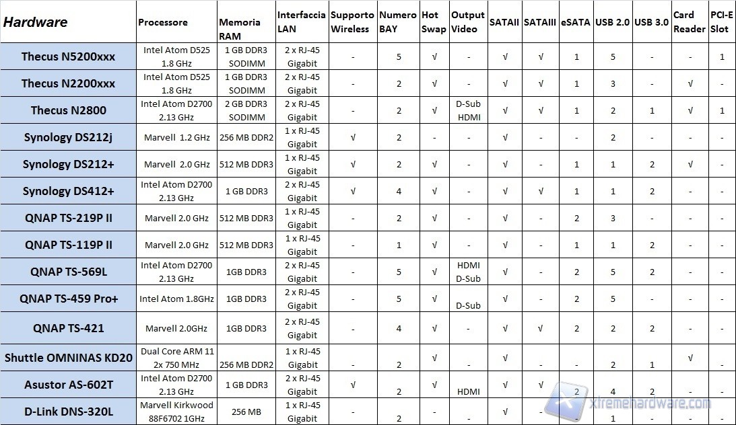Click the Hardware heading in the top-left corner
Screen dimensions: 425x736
tap(36, 22)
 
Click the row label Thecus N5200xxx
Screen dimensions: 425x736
tap(68, 56)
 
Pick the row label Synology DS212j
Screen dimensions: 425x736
tap(68, 137)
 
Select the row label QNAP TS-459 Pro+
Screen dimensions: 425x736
tap(68, 299)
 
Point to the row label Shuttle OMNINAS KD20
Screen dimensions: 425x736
tap(68, 357)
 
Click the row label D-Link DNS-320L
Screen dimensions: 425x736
tap(68, 412)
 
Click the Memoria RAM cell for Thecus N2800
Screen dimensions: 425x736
tap(246, 110)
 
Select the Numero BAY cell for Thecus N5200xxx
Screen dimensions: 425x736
tap(399, 56)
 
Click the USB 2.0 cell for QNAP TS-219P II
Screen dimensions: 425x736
tap(613, 218)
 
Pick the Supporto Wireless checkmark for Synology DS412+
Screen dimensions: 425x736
tap(354, 191)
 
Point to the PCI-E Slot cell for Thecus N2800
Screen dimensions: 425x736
tap(722, 110)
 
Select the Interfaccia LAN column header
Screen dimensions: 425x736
tap(301, 22)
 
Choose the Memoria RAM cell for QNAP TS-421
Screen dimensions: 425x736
tap(246, 328)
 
